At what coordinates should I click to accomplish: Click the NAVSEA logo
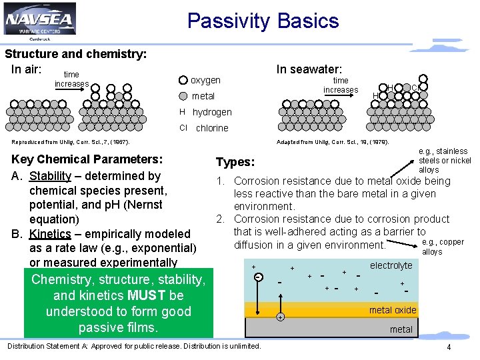click(x=39, y=21)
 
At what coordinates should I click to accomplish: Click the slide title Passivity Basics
click(x=263, y=21)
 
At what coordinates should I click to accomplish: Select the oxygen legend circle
click(x=183, y=80)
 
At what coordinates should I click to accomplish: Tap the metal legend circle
click(x=183, y=96)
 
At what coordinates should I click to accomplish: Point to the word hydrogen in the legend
click(x=212, y=112)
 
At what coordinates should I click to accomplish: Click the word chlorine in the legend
click(x=212, y=128)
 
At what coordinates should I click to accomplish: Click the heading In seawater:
click(x=309, y=69)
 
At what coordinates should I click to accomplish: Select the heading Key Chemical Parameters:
click(x=87, y=159)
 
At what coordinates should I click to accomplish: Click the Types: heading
click(x=235, y=163)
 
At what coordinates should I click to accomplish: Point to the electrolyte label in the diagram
click(x=391, y=265)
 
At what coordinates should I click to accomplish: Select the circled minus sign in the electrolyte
click(x=258, y=277)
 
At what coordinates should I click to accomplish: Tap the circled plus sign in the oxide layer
click(x=280, y=317)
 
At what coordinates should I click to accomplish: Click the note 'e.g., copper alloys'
click(x=443, y=247)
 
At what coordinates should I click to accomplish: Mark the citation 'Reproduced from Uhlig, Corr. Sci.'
click(x=71, y=142)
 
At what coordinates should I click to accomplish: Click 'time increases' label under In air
click(x=71, y=79)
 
